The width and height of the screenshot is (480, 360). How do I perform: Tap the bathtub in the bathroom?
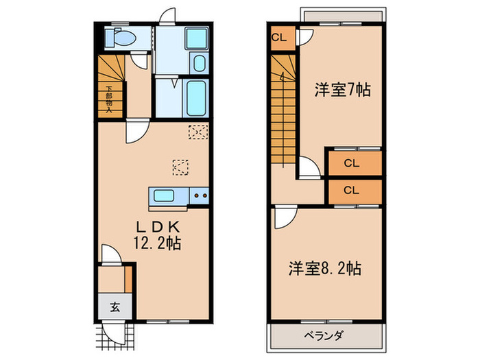(196, 98)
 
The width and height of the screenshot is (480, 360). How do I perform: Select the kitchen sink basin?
(164, 196)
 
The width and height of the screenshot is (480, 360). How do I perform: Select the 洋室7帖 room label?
(342, 89)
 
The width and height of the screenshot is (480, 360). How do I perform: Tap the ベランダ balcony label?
(324, 335)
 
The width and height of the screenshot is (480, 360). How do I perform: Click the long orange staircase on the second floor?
(283, 110)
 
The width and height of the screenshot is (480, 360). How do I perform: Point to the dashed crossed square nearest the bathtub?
(197, 131)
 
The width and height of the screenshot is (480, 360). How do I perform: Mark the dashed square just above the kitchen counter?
(180, 166)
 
